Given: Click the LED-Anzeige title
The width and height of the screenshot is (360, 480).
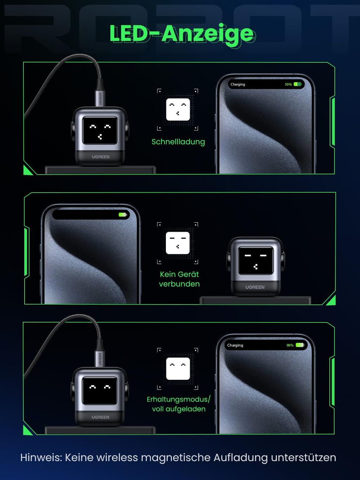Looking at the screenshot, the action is tap(182, 34).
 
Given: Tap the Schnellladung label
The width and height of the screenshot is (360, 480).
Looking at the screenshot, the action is tap(178, 142).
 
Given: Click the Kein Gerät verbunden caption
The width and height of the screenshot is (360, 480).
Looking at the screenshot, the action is tap(179, 279).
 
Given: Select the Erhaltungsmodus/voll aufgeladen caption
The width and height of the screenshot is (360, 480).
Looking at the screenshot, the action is tap(179, 404).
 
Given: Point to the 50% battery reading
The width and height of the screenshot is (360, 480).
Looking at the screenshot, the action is tap(288, 84).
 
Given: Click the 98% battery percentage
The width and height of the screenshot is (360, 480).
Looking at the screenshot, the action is tap(290, 345).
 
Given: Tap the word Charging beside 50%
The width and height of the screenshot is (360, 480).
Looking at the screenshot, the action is tap(238, 84).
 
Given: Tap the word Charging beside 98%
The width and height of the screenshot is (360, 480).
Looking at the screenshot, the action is tap(235, 345).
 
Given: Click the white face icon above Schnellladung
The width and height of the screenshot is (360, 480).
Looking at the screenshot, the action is tap(178, 109).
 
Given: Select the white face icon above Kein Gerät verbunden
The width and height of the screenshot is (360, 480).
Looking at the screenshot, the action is tap(178, 243).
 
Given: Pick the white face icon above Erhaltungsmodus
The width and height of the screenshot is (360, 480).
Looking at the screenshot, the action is tap(178, 369).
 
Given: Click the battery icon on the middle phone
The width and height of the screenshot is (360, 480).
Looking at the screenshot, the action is tap(123, 215).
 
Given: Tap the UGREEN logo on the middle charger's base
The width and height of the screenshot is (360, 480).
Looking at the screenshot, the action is tap(255, 287).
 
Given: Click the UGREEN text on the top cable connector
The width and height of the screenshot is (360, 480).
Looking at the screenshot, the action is tap(100, 99).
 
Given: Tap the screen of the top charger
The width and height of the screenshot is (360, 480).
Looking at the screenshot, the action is tap(100, 130).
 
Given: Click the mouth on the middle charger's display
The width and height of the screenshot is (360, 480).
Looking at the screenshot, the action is tap(255, 267).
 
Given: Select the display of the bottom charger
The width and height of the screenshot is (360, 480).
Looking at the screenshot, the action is tap(100, 391).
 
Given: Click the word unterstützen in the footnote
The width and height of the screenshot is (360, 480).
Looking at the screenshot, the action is tap(304, 457).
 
